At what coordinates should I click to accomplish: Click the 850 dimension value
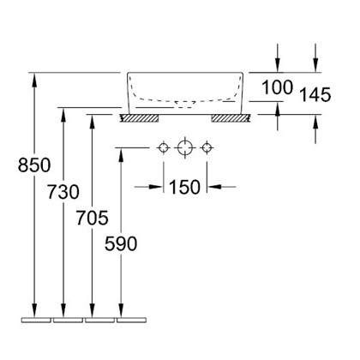click(34, 165)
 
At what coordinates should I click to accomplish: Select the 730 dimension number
click(63, 192)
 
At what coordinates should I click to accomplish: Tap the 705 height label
click(92, 218)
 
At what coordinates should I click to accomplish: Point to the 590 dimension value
click(121, 243)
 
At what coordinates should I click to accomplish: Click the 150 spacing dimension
click(185, 187)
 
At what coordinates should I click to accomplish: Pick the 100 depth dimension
click(277, 87)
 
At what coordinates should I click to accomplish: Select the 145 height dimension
click(315, 94)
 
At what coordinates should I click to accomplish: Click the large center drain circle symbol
click(185, 147)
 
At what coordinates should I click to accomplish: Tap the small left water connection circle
click(164, 148)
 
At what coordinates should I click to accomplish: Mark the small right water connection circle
click(207, 148)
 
